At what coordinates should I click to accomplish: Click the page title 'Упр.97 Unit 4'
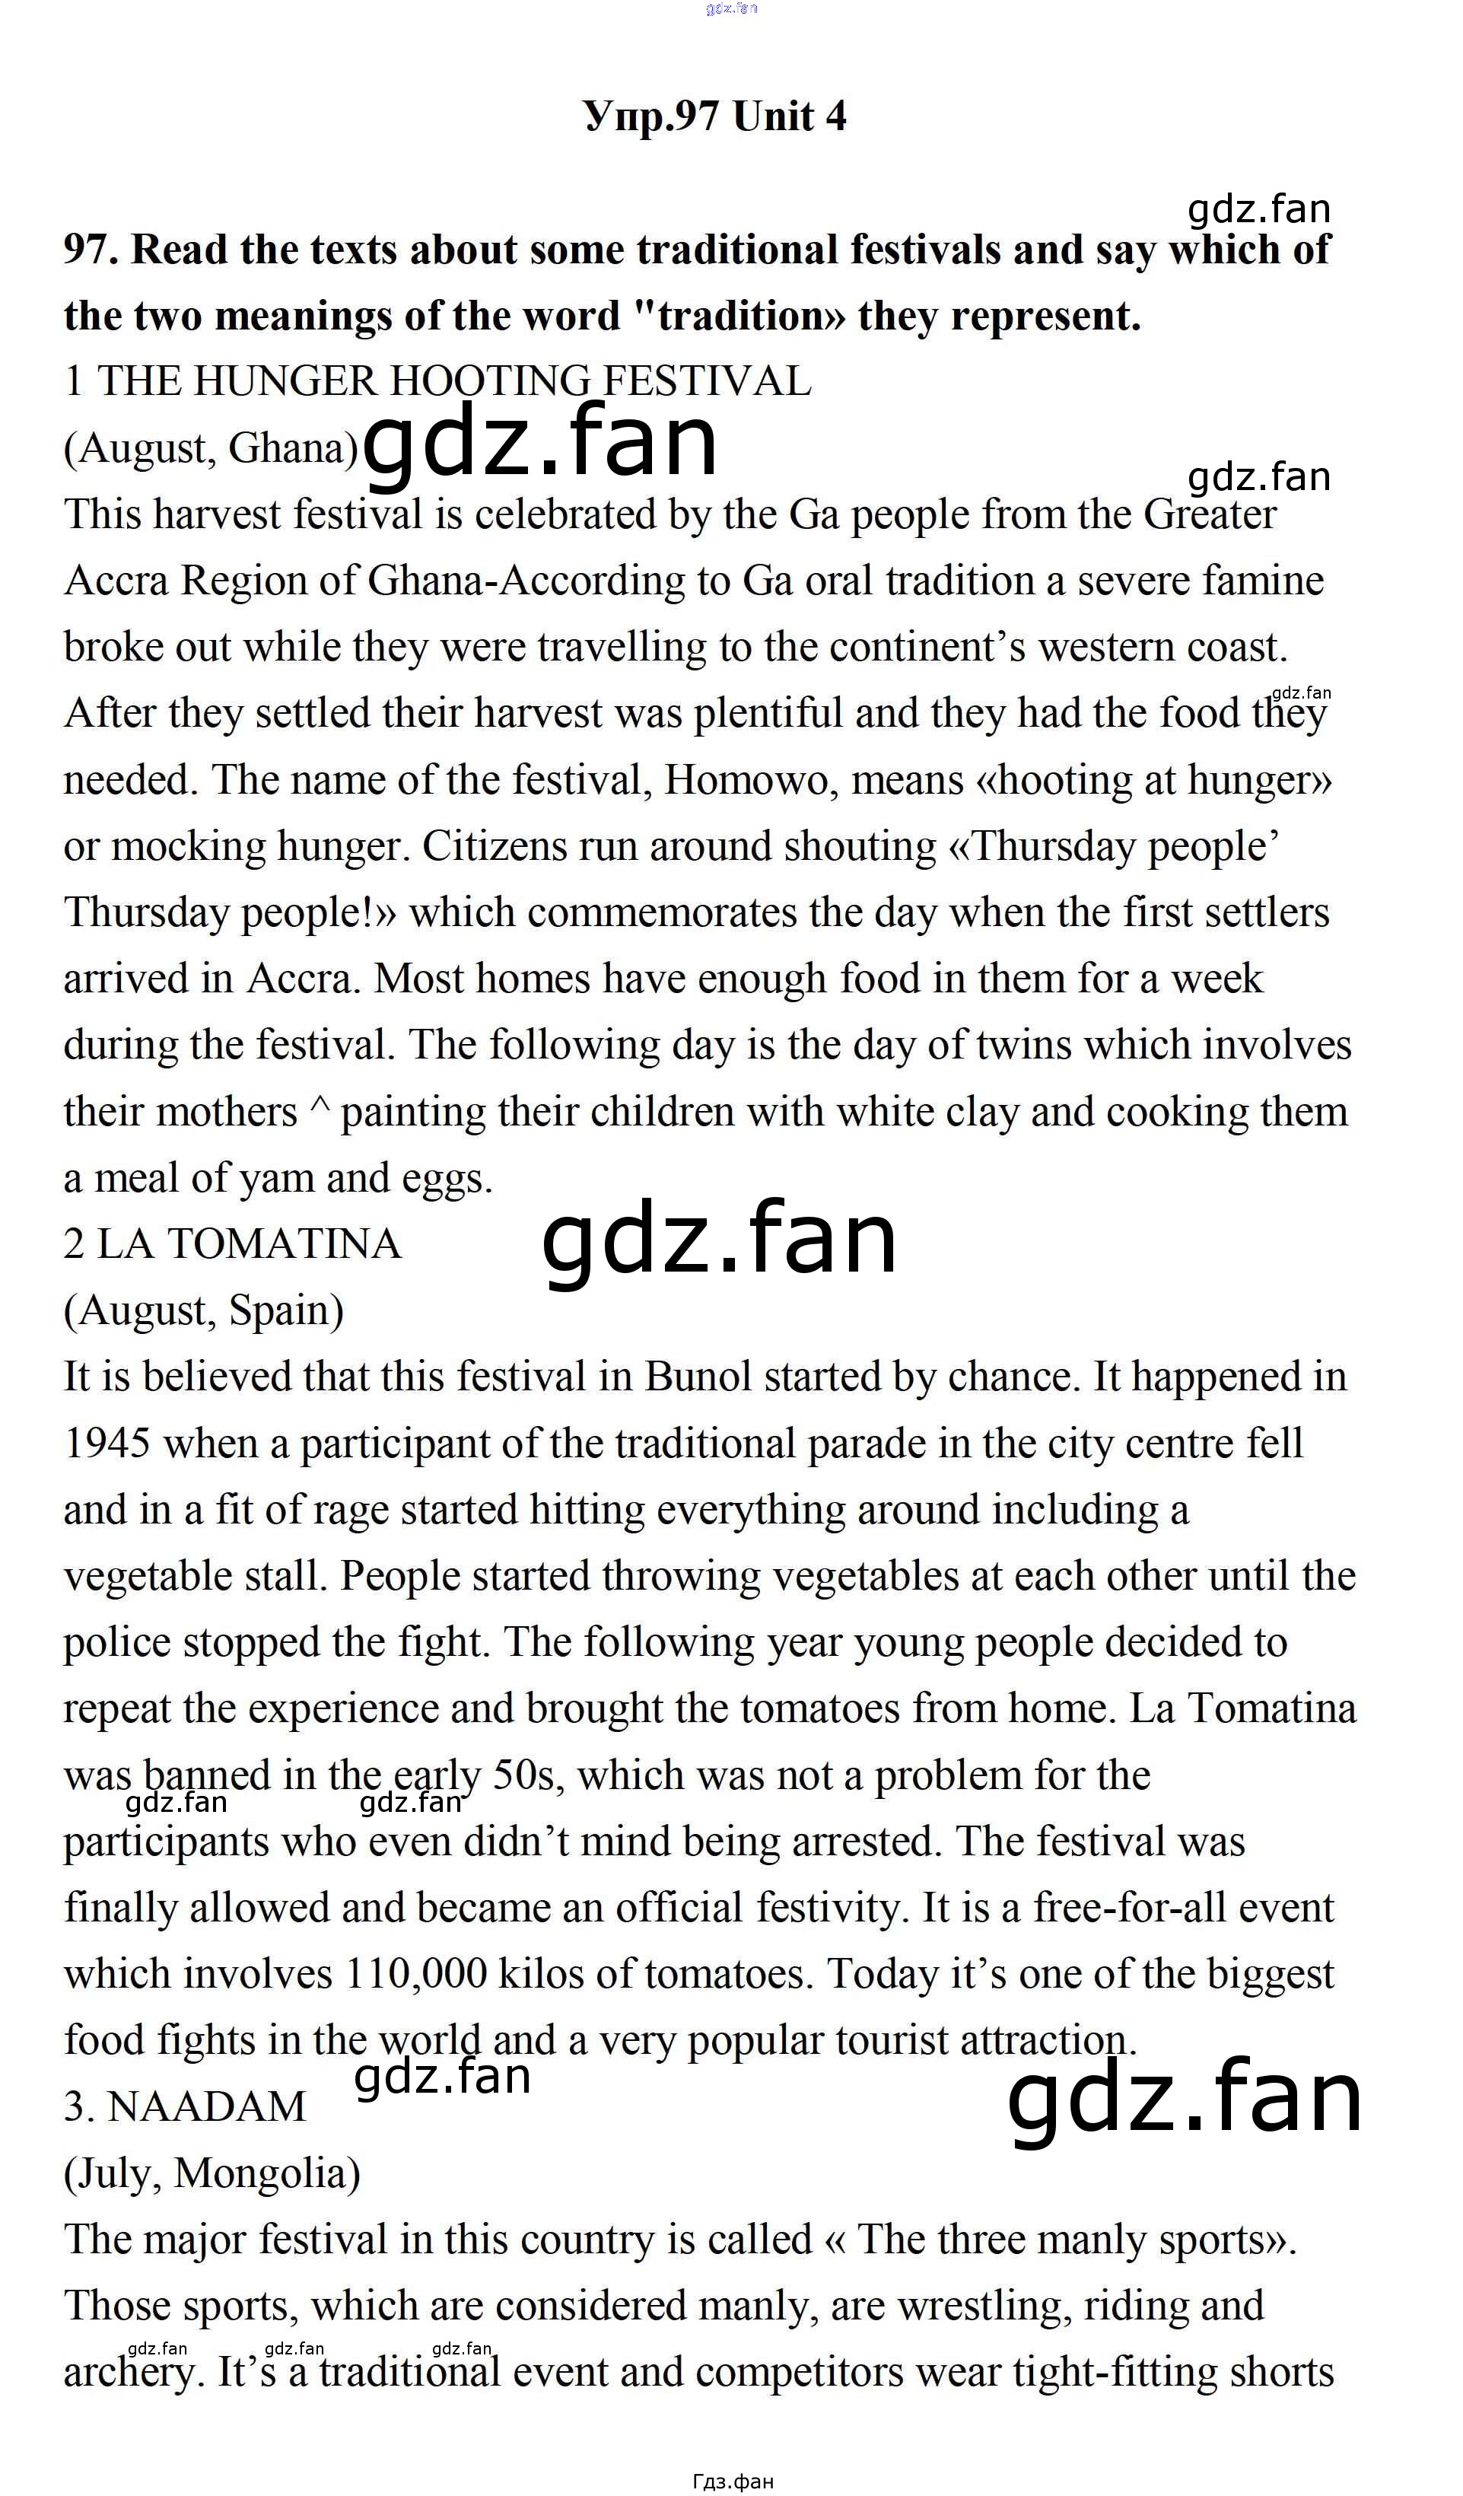[x=715, y=117]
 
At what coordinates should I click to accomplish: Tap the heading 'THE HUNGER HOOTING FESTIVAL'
[x=453, y=381]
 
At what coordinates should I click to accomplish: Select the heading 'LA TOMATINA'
[x=249, y=1244]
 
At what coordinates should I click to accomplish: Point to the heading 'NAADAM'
[x=206, y=2106]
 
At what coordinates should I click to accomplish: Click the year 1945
[x=107, y=1444]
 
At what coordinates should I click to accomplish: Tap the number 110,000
[x=417, y=1974]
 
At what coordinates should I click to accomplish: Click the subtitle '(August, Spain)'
[x=204, y=1310]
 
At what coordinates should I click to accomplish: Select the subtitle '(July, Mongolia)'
[x=212, y=2173]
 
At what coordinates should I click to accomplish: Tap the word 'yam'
[x=278, y=1179]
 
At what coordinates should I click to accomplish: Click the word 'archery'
[x=129, y=2373]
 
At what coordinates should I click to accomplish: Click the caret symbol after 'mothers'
[x=319, y=1110]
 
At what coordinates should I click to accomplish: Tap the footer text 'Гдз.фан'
[x=733, y=2481]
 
